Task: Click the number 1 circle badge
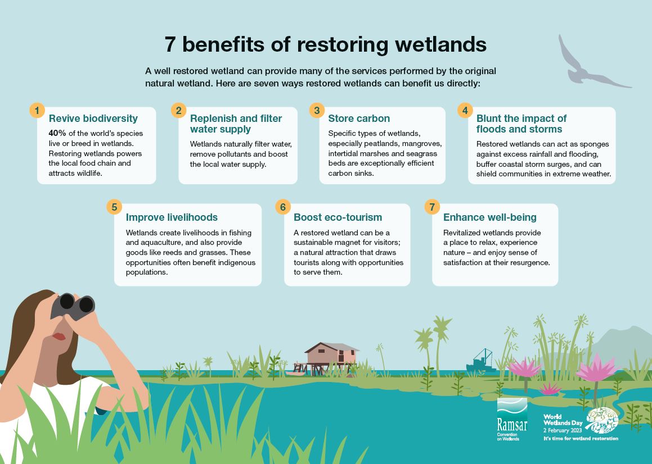(37, 110)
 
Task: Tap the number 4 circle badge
(465, 110)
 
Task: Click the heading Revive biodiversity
(93, 119)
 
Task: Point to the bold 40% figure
(57, 134)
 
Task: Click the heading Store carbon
(359, 119)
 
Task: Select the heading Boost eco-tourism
(338, 217)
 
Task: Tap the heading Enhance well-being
(489, 217)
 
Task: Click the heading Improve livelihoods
(172, 217)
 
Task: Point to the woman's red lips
(60, 336)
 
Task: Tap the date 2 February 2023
(562, 430)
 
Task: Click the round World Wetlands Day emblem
(602, 420)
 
